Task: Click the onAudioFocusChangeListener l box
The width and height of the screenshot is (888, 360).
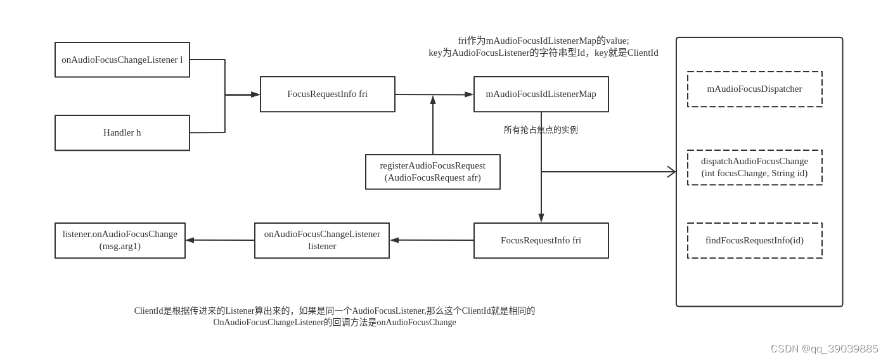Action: pos(122,60)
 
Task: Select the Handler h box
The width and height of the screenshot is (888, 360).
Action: pos(122,132)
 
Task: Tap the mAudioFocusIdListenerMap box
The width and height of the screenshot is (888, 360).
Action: pos(541,94)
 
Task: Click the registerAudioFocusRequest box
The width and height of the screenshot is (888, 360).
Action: pos(433,172)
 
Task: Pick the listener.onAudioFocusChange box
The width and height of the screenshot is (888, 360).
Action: pos(120,240)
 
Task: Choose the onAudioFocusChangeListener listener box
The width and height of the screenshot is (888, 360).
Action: pos(322,240)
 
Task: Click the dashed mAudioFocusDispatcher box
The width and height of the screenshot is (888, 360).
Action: pos(754,89)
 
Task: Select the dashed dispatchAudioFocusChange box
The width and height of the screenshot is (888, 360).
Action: pos(754,167)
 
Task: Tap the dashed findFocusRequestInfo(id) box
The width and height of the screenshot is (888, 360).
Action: pos(754,240)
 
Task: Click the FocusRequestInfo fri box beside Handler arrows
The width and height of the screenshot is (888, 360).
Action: pos(327,94)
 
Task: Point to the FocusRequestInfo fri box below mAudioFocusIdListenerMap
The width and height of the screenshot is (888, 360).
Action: pos(541,240)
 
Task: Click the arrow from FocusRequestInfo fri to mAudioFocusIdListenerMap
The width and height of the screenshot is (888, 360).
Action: pos(434,94)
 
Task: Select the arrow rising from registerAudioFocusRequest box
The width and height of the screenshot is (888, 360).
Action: pos(433,127)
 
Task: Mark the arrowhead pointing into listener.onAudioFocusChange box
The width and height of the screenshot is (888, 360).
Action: pos(190,240)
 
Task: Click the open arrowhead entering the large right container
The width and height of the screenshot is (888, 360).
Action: pos(672,172)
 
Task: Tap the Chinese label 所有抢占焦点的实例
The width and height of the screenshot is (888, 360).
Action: pos(541,130)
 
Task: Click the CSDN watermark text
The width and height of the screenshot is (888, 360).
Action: pos(824,349)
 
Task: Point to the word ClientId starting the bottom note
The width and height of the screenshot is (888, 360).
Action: pos(148,311)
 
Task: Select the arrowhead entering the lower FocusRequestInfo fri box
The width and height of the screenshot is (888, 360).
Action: pos(541,218)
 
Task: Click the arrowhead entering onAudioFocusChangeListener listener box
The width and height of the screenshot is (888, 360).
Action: pos(394,240)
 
